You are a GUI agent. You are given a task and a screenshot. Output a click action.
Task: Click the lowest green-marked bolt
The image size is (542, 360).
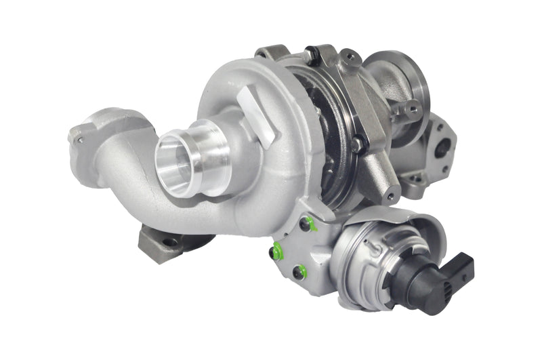point(299,273)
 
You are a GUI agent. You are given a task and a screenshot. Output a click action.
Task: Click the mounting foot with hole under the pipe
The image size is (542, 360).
point(163,241)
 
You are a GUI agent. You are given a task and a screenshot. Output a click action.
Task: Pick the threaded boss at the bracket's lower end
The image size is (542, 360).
point(392,196)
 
